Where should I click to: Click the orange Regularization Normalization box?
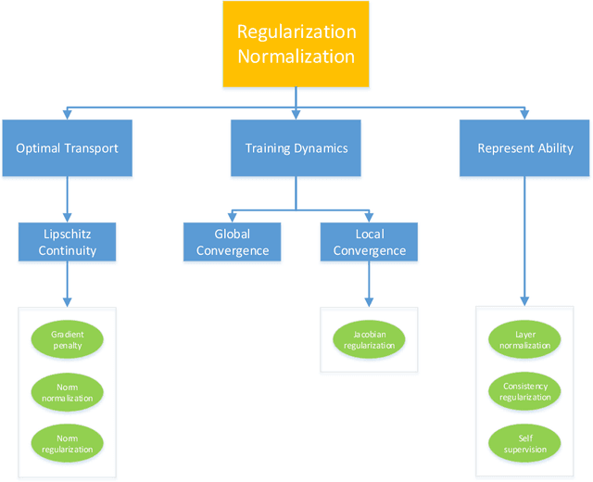coord(296,44)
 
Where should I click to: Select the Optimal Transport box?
coord(67,148)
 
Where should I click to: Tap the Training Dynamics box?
coord(296,148)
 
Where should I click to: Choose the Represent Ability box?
coord(525,148)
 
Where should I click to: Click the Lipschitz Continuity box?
coord(67,242)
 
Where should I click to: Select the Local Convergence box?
coord(369,242)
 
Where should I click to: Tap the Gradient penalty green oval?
coord(67,339)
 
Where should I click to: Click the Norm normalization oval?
coord(67,392)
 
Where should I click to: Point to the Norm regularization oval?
coord(67,443)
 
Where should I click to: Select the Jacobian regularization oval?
coord(369,339)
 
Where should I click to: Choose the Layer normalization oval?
coord(525,339)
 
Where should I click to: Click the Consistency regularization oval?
coord(525,392)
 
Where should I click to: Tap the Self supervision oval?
coord(525,443)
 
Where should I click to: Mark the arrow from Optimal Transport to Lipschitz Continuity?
coord(67,197)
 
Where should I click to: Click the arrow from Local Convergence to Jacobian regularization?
coord(369,283)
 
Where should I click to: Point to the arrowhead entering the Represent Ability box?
coord(525,115)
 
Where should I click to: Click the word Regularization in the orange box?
coord(296,32)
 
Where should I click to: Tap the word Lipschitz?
coord(67,234)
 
